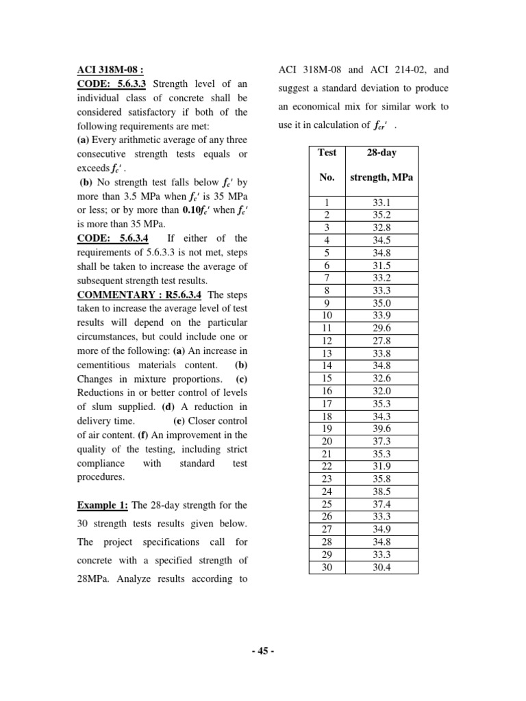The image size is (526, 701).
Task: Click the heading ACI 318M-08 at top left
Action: point(110,70)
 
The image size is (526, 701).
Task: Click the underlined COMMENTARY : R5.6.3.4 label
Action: point(140,294)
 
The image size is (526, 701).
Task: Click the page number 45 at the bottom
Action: point(263,651)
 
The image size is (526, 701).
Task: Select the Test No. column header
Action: point(327,165)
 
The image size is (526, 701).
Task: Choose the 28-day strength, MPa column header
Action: point(381,165)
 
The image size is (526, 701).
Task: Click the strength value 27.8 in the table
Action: point(381,340)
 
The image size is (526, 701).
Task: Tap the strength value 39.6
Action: point(381,429)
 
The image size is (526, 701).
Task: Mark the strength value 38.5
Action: point(381,492)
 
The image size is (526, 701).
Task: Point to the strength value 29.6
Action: point(381,328)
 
